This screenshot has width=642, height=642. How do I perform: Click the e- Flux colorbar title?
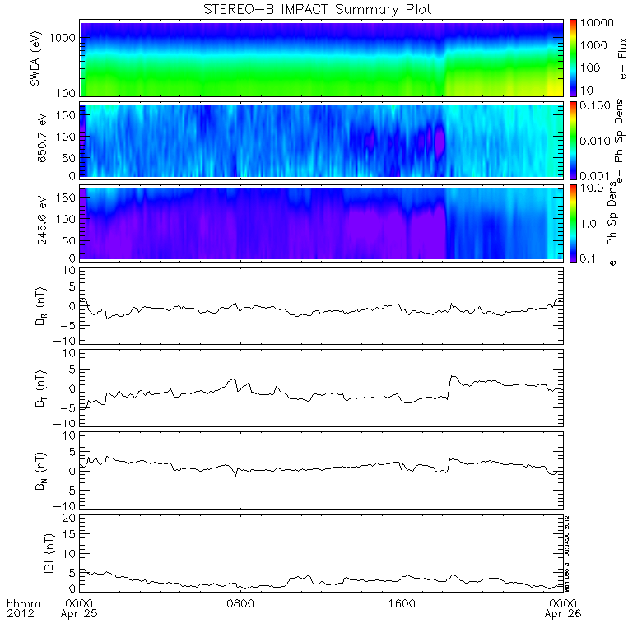coord(622,58)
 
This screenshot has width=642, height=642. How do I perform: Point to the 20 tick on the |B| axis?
coord(71,517)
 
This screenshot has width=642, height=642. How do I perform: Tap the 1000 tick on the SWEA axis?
coord(66,38)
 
